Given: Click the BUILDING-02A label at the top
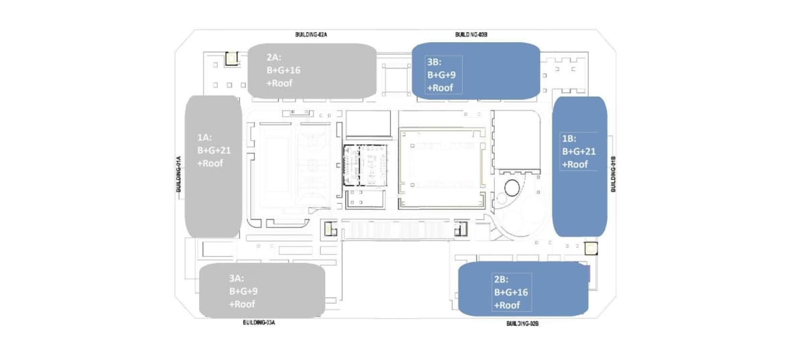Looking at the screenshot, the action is pyautogui.click(x=311, y=35).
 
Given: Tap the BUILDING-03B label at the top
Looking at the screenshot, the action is pyautogui.click(x=471, y=35).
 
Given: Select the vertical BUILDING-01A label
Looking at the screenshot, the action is pyautogui.click(x=178, y=174).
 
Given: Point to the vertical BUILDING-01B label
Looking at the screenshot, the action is pyautogui.click(x=614, y=174).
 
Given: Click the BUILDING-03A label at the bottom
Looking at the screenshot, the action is pyautogui.click(x=259, y=322).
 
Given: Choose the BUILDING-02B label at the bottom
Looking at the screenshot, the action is pyautogui.click(x=522, y=323).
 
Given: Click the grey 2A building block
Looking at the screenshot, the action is pyautogui.click(x=312, y=70).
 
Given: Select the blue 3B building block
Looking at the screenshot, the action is pyautogui.click(x=476, y=70).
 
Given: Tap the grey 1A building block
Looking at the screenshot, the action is pyautogui.click(x=213, y=166).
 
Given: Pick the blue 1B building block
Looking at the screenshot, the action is pyautogui.click(x=579, y=166).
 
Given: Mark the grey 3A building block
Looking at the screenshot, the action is pyautogui.click(x=262, y=290).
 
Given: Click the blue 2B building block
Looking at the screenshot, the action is pyautogui.click(x=523, y=289).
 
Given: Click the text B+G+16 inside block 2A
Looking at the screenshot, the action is pyautogui.click(x=284, y=70).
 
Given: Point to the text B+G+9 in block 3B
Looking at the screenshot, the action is pyautogui.click(x=441, y=75).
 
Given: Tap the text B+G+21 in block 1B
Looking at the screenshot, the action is pyautogui.click(x=579, y=152).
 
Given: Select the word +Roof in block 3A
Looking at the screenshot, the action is pyautogui.click(x=242, y=304).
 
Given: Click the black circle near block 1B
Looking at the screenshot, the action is pyautogui.click(x=512, y=188).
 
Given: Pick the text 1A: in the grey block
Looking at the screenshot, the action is pyautogui.click(x=205, y=137).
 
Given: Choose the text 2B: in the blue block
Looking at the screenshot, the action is pyautogui.click(x=502, y=280).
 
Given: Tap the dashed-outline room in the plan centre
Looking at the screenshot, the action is pyautogui.click(x=365, y=166).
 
